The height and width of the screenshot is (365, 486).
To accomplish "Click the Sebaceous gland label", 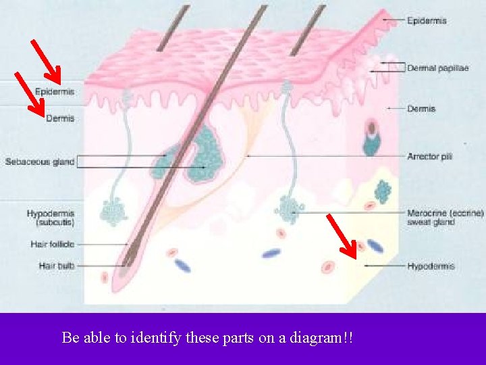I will [x=39, y=162].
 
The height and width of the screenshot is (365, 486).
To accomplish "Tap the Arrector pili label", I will [x=429, y=156].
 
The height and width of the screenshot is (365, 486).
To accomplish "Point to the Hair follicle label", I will [x=52, y=244].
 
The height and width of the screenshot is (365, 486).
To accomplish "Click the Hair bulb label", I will [x=57, y=266].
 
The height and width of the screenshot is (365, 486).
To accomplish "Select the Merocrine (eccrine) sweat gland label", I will [x=445, y=218].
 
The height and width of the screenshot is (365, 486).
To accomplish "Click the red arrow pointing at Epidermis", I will [x=46, y=59].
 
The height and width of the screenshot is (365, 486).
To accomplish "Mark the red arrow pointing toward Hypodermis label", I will [x=342, y=237].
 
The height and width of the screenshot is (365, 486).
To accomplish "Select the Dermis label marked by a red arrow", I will [x=60, y=118].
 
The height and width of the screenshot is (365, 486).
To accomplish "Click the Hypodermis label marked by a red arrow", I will [x=431, y=266].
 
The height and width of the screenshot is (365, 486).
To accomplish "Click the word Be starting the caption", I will [x=70, y=337].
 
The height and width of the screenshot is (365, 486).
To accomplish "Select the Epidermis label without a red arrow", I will [x=427, y=21].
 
